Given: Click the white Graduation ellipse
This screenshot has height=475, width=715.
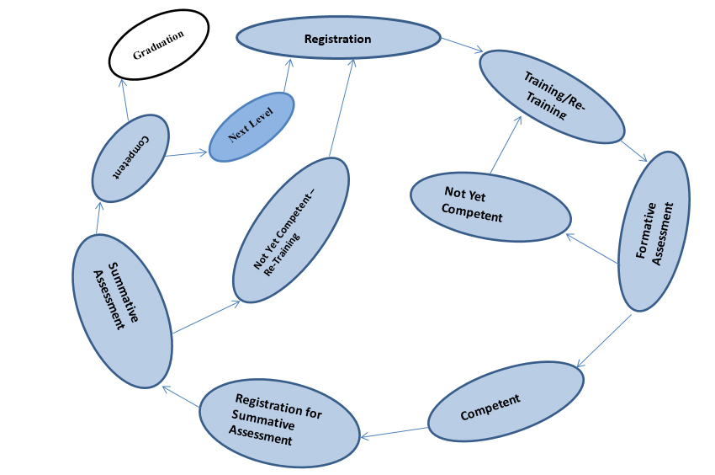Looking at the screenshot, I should click(159, 52).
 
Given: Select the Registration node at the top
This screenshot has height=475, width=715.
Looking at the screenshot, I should click(338, 38).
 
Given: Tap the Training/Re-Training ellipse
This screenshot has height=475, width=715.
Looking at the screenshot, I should click(552, 96).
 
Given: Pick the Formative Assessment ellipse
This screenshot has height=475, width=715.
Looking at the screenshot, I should click(654, 231).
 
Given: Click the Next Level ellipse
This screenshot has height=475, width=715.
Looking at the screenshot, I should click(252, 126).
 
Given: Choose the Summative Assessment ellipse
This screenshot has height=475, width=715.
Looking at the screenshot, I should click(122, 309).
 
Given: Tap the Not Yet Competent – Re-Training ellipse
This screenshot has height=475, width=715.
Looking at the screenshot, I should click(290, 229).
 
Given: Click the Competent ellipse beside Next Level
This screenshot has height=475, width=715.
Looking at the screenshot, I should click(130, 157).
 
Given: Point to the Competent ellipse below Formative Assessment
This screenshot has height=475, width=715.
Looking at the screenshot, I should click(506, 403).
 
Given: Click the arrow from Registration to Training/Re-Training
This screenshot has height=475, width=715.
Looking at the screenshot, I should click(460, 45).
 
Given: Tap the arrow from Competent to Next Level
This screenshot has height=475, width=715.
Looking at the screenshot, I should click(187, 153).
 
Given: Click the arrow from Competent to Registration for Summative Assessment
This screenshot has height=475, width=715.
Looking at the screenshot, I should click(395, 432).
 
